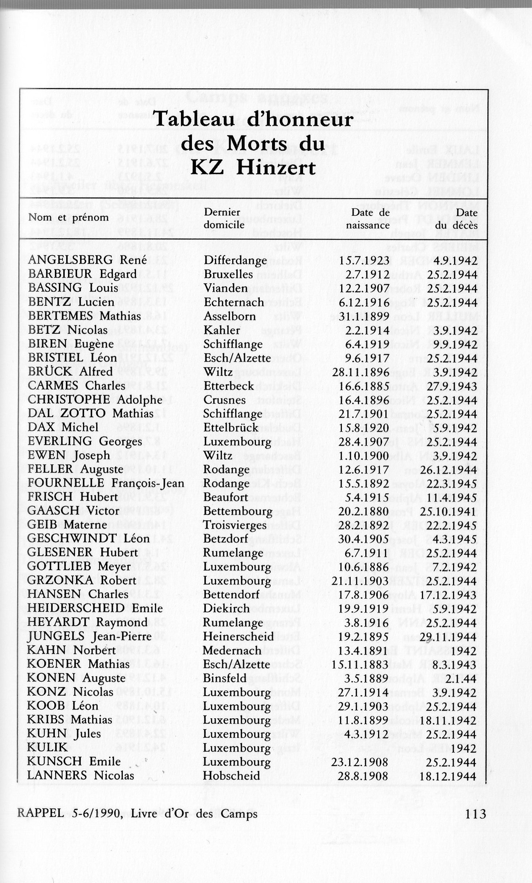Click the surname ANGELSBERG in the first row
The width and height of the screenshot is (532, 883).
[70, 260]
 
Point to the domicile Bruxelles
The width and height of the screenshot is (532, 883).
[228, 274]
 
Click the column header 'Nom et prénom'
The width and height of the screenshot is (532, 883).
[68, 218]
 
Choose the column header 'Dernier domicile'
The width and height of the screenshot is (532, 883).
[224, 218]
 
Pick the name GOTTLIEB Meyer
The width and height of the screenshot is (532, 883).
[79, 567]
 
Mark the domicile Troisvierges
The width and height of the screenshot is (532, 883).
[235, 525]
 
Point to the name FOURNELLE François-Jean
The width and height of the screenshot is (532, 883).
[106, 483]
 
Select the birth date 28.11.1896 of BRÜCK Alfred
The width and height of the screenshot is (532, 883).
[361, 372]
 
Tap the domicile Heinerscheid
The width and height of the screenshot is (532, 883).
[238, 637]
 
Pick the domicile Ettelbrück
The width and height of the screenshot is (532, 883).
[231, 427]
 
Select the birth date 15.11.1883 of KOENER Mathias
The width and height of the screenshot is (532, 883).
[360, 664]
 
